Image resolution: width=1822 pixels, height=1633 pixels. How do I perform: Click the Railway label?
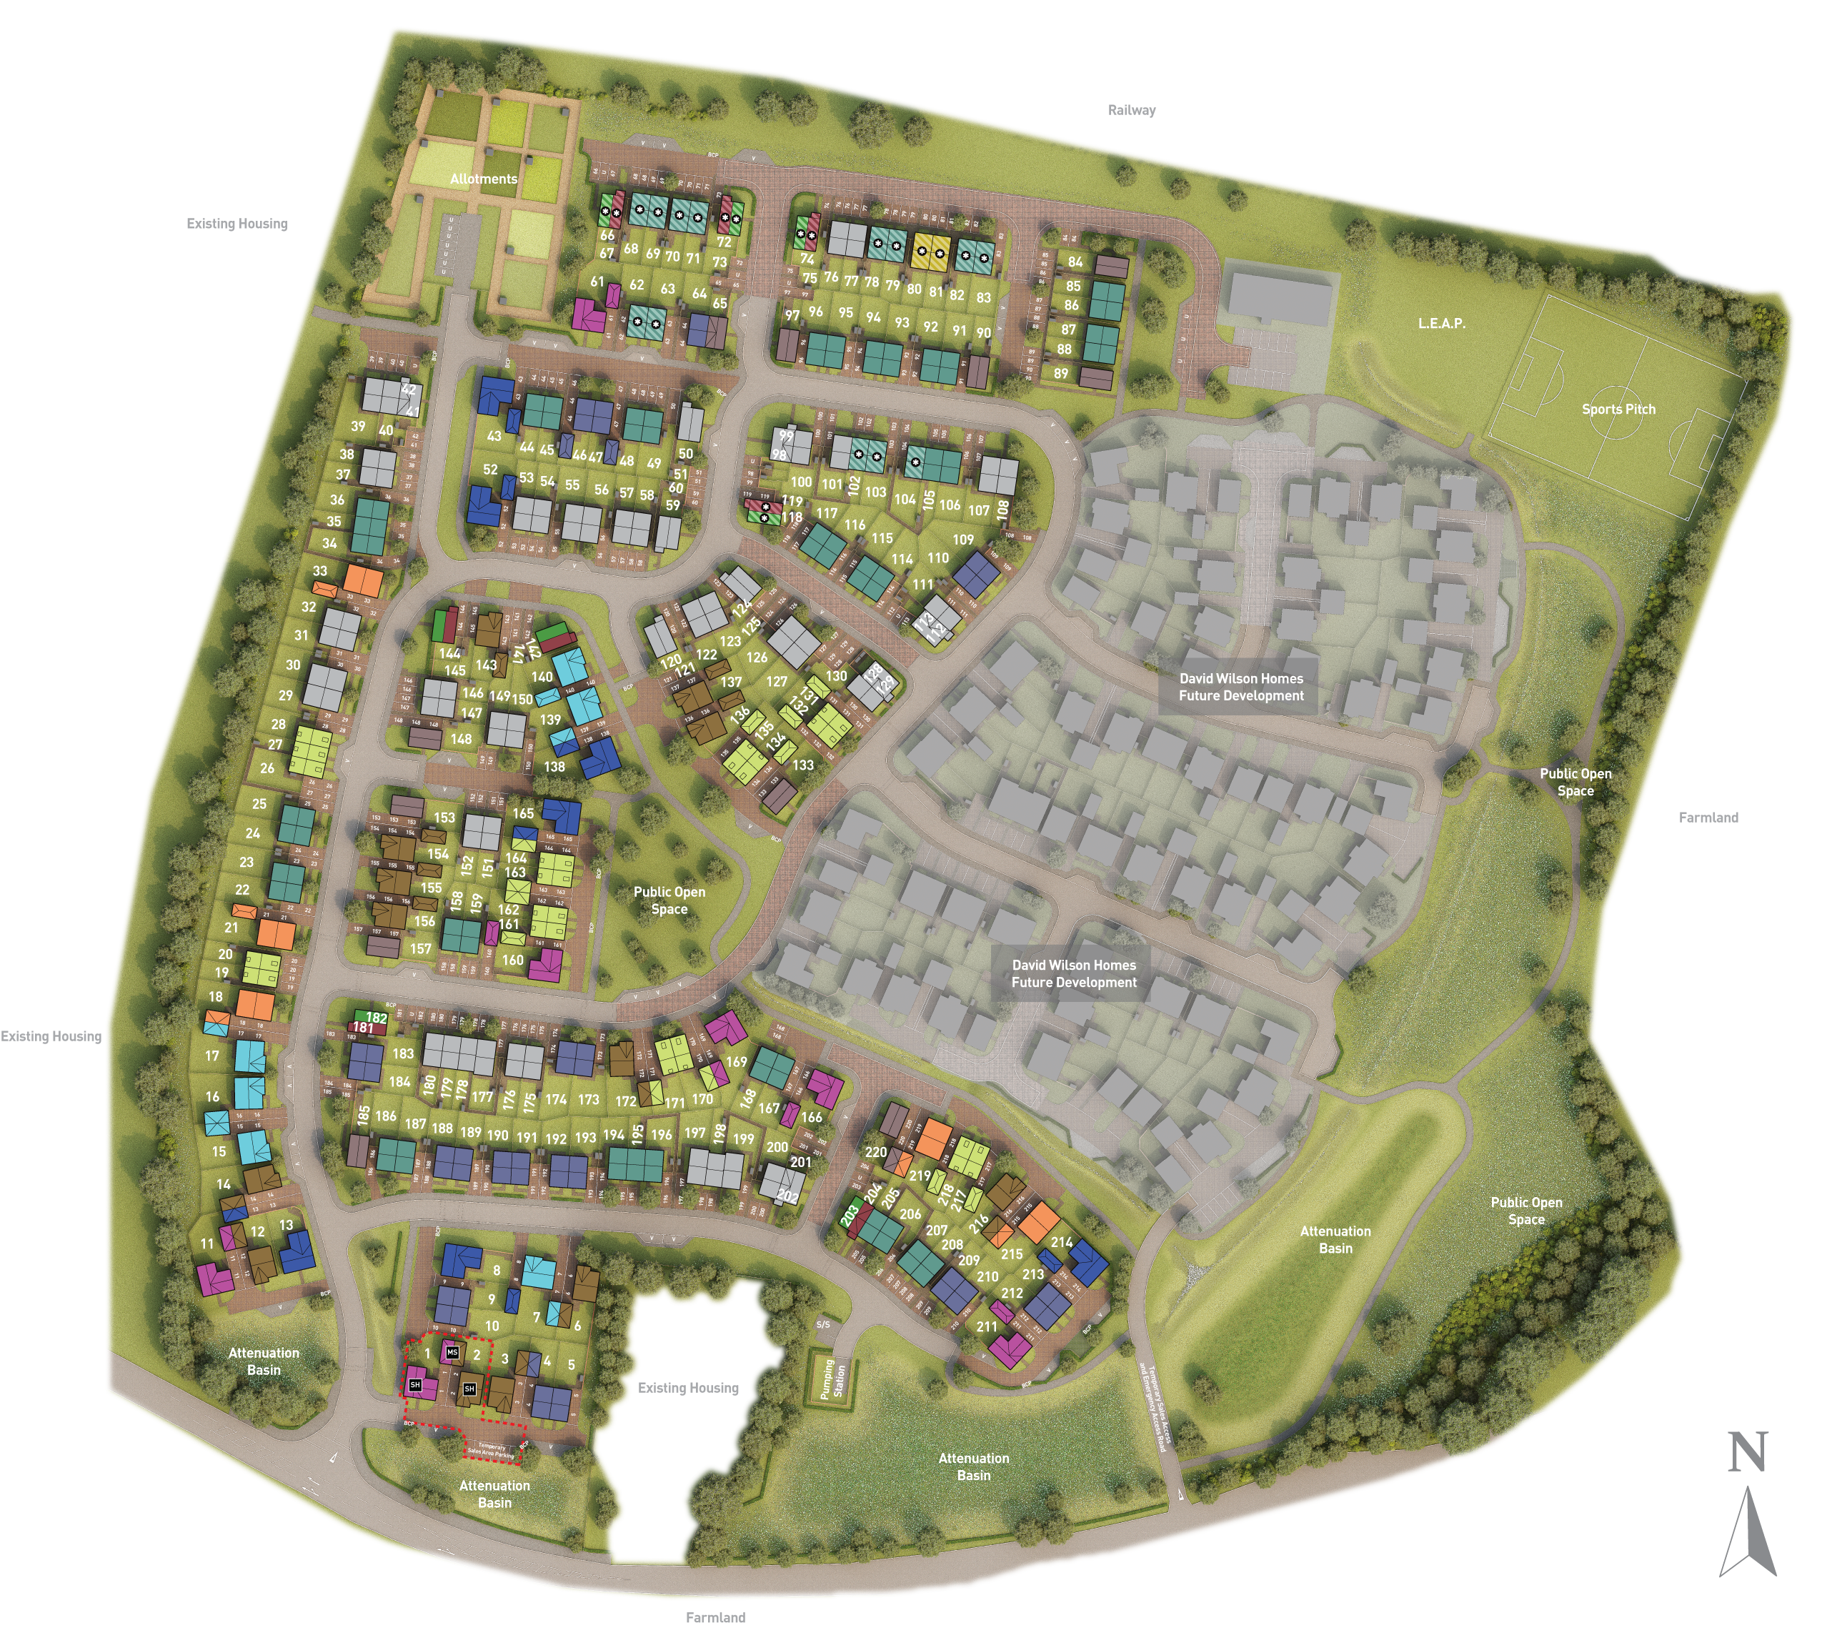[1131, 110]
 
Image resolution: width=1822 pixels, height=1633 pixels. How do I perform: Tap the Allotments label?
[484, 179]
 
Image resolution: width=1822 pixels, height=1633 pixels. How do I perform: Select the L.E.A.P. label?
[1442, 323]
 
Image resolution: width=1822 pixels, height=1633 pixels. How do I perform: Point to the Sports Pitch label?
[1618, 410]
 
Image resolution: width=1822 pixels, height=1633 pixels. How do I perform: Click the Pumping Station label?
[833, 1378]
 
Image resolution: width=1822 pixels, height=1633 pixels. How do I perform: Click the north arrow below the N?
[1748, 1535]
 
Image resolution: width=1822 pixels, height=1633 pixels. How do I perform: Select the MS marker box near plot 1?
[452, 1352]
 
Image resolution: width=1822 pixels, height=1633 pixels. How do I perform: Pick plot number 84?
[1075, 262]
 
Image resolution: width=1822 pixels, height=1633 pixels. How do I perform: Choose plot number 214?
[1061, 1243]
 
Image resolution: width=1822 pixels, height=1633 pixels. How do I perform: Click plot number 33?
[319, 570]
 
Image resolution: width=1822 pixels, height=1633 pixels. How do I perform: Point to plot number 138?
[554, 767]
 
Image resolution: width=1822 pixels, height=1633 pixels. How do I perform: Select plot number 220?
[875, 1152]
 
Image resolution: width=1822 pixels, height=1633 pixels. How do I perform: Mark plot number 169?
[737, 1061]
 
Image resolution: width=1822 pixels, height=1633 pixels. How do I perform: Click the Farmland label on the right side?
[1708, 818]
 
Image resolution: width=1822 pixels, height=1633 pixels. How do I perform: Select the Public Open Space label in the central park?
[669, 900]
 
